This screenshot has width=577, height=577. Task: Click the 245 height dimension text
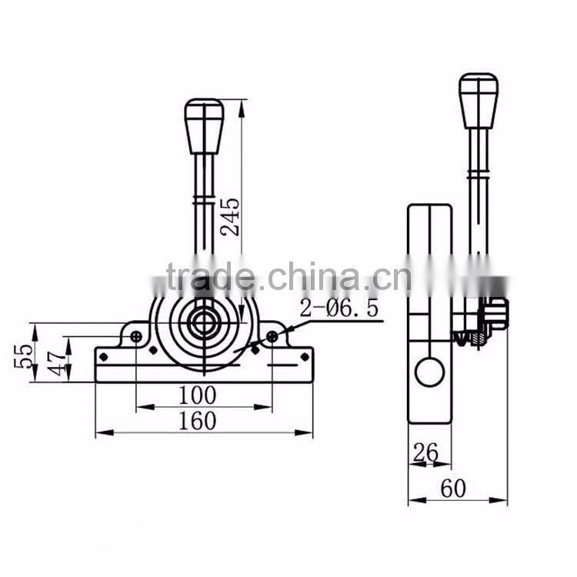click(232, 216)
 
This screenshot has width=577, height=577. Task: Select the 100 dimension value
click(197, 395)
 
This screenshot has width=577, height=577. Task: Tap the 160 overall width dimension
click(197, 421)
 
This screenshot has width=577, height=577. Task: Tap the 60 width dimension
click(454, 488)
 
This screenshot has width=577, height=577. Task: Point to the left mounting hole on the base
click(136, 336)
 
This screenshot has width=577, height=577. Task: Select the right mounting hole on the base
click(272, 336)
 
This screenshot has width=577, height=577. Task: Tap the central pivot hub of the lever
click(204, 322)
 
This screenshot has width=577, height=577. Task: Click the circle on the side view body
click(429, 372)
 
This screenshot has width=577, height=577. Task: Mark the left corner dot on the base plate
click(103, 356)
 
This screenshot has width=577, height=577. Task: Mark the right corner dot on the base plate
click(305, 356)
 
